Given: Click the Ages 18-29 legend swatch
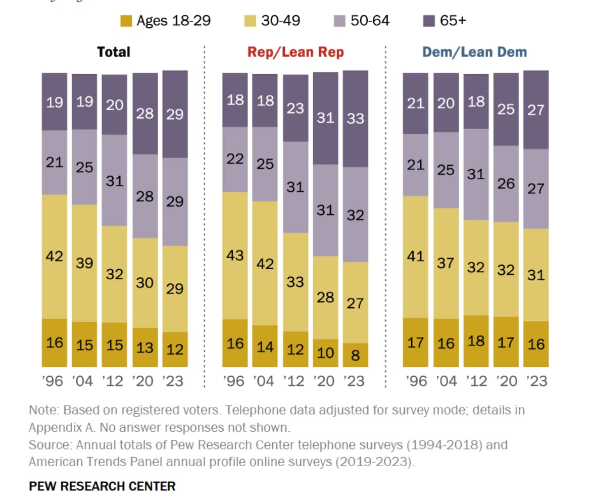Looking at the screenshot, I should pyautogui.click(x=126, y=21).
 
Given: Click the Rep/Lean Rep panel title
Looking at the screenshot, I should pyautogui.click(x=295, y=52).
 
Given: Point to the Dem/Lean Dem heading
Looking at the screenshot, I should pyautogui.click(x=474, y=52).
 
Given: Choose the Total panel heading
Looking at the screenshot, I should pyautogui.click(x=114, y=52).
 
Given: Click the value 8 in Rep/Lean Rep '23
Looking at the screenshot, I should pyautogui.click(x=356, y=355).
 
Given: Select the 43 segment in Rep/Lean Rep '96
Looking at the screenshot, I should pyautogui.click(x=235, y=256).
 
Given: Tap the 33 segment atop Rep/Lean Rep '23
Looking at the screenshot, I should pyautogui.click(x=356, y=119).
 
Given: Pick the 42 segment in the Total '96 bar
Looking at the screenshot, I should pyautogui.click(x=55, y=256).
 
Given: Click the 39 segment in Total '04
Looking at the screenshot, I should pyautogui.click(x=84, y=263).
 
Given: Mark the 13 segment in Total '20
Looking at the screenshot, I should pyautogui.click(x=145, y=348).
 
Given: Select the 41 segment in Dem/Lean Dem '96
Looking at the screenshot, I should pyautogui.click(x=416, y=257).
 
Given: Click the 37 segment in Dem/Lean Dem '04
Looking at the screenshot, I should pyautogui.click(x=446, y=263).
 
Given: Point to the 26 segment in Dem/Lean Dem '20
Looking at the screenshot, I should pyautogui.click(x=506, y=184).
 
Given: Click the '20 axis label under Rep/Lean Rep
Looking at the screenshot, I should pyautogui.click(x=325, y=380).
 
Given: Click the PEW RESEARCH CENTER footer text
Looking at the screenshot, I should pyautogui.click(x=103, y=486).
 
